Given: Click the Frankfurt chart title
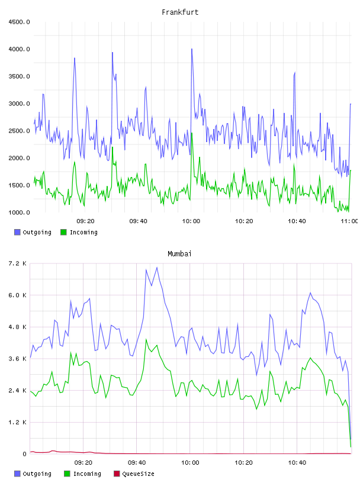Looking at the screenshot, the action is tap(180, 12).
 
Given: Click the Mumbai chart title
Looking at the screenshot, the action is tap(179, 254).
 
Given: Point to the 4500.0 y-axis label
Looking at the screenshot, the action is tap(19, 22).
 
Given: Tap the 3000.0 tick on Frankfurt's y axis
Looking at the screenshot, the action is tap(19, 104).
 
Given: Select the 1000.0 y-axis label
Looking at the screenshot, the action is tap(19, 212).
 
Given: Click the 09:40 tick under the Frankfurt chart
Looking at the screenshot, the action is tap(138, 221).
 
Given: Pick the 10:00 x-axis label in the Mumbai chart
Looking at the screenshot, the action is tap(190, 463).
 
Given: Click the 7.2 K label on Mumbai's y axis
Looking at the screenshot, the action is tap(17, 263).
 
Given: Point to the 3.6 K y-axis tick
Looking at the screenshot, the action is tap(17, 359).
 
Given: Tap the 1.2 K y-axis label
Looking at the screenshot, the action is tap(17, 422).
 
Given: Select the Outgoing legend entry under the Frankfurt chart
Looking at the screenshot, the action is tap(33, 232).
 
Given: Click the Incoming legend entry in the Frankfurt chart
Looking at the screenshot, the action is tap(79, 232).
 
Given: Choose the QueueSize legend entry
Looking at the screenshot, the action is tap(134, 474).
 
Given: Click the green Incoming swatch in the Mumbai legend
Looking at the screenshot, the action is tap(67, 474).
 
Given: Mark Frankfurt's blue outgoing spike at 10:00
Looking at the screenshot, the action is tap(192, 49).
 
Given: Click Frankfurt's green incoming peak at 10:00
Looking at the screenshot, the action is tap(192, 133).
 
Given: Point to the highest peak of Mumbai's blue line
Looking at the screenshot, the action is tap(157, 268).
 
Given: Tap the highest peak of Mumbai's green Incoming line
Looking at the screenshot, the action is tap(146, 339).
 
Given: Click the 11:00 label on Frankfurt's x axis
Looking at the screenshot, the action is tap(349, 221).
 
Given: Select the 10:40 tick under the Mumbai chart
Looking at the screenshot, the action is tap(297, 463).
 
